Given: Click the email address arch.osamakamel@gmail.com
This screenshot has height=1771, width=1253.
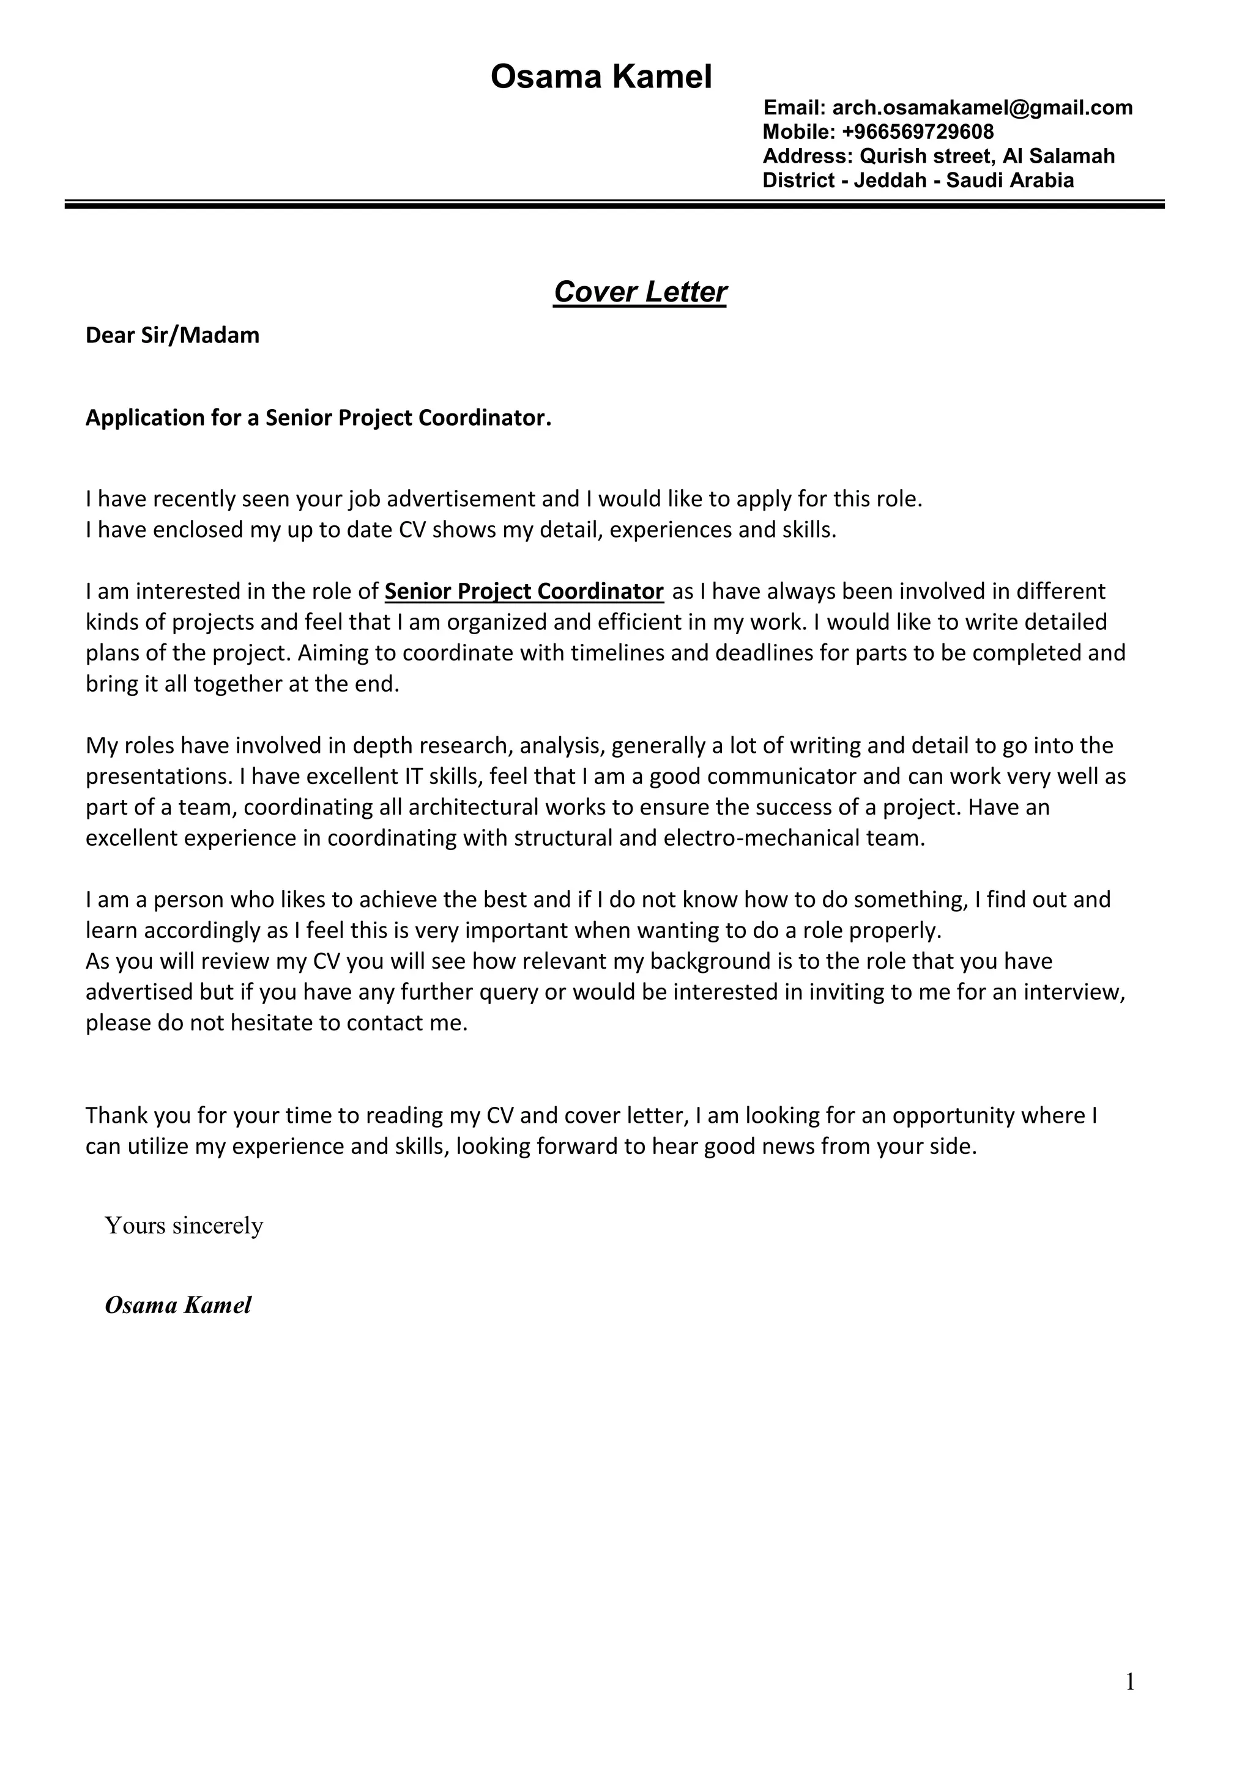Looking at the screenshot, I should (x=982, y=108).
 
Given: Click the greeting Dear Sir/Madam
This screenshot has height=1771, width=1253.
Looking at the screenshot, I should (x=172, y=336).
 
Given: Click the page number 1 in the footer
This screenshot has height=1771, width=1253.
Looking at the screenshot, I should (x=1129, y=1682).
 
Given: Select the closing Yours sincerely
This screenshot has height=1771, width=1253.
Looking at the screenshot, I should (x=184, y=1226).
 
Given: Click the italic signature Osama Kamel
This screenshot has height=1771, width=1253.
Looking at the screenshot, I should (x=178, y=1305).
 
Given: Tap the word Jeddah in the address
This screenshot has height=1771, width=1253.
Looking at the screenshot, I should (x=890, y=180).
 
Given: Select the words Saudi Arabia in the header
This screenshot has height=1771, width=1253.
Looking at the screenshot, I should (x=1010, y=180).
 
